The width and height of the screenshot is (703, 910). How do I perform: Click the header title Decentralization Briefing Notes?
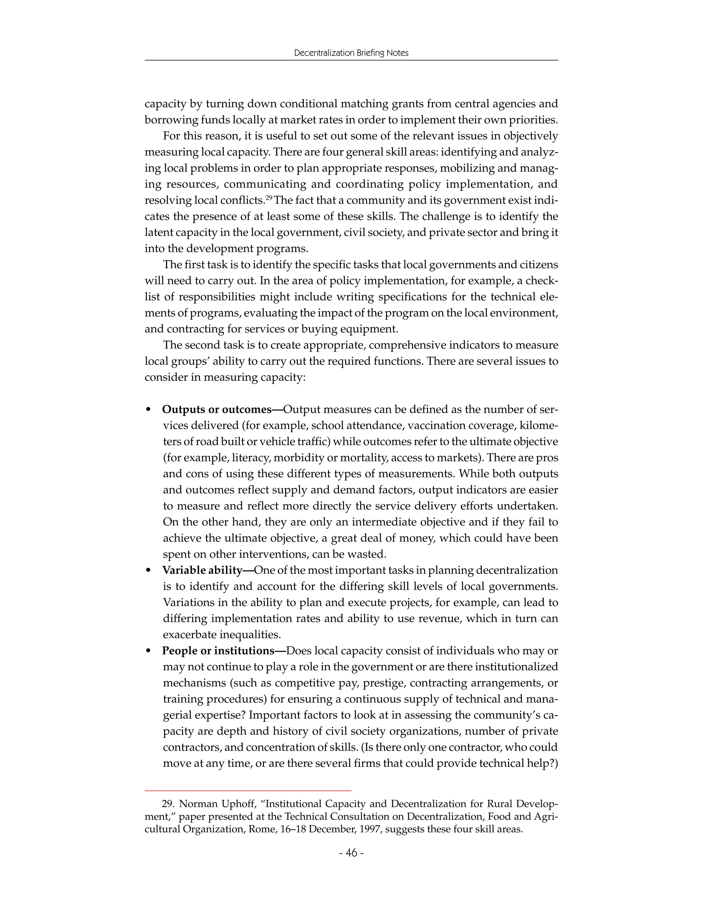pos(351,53)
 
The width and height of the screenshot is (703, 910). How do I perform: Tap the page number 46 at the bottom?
pos(351,853)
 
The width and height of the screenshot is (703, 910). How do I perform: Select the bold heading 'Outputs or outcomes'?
pos(217,410)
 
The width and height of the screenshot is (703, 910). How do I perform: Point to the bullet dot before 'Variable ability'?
pos(148,571)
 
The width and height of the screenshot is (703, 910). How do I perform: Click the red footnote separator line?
pos(248,790)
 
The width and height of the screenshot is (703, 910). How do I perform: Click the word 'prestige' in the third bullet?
pos(377,683)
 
